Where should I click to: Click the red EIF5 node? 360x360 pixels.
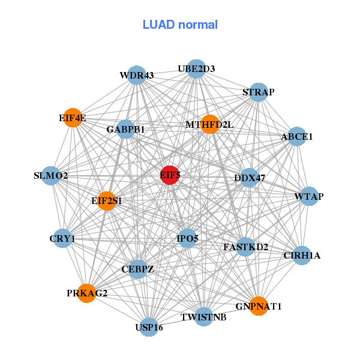tap(170, 175)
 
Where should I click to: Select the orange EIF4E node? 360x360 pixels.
tap(73, 118)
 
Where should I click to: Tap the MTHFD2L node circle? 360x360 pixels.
tap(209, 124)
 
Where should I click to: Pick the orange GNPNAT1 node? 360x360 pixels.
tap(259, 306)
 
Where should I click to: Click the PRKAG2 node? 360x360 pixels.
tap(87, 293)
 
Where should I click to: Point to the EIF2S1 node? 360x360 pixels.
tap(107, 200)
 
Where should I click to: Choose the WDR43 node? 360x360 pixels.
tap(137, 76)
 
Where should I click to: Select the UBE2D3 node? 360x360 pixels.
tap(196, 69)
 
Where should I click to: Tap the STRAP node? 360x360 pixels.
tap(258, 92)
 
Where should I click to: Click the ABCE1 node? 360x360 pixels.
tap(297, 137)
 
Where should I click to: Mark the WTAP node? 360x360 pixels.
tap(309, 197)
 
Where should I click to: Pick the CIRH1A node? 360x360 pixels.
tap(302, 256)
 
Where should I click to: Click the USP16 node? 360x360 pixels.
tap(149, 327)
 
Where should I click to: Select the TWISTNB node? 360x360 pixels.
tap(204, 316)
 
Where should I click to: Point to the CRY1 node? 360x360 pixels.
tap(62, 239)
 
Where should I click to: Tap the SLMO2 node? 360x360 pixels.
tap(51, 176)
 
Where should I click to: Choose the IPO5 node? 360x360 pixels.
tap(187, 239)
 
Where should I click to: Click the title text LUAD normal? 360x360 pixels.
tap(180, 25)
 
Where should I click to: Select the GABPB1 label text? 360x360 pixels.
tap(126, 129)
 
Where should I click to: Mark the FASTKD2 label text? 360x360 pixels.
tap(245, 247)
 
